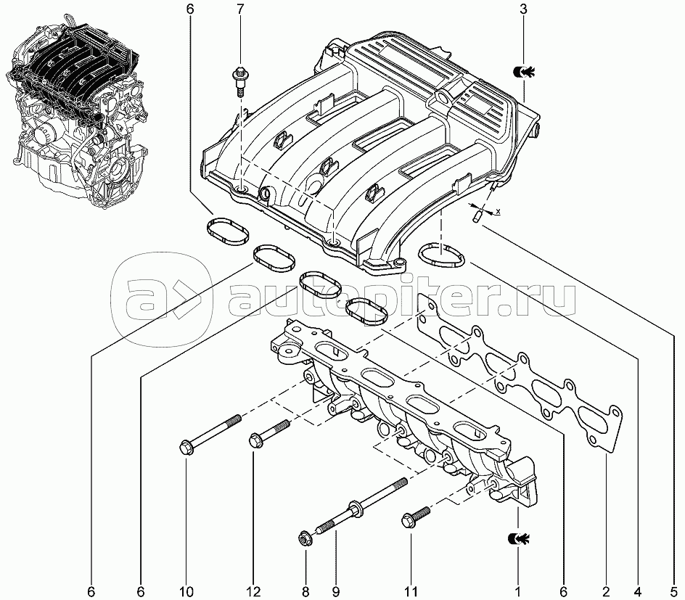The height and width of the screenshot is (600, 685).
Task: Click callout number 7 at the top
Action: pos(239,9)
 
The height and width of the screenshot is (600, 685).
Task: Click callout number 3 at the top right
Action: pos(523,9)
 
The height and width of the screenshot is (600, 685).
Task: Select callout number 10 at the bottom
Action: pos(186,592)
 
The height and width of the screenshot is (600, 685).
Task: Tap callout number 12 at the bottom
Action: pos(253,592)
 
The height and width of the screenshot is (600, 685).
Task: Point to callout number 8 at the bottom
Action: pos(305,592)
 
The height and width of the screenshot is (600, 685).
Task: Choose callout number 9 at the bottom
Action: pos(335,592)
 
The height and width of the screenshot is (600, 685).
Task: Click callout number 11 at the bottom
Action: pos(411,592)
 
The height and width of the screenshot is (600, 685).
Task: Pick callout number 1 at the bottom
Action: pos(518,592)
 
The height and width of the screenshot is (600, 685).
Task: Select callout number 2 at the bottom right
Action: pos(606,592)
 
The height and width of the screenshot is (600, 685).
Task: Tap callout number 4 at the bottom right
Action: pos(638,592)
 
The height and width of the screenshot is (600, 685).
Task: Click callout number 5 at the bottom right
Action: pos(673,592)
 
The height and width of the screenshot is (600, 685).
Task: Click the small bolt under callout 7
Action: pos(239,82)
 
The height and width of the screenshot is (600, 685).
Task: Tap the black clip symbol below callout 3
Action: pos(523,71)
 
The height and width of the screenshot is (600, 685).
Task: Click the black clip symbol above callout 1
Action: pos(518,539)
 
